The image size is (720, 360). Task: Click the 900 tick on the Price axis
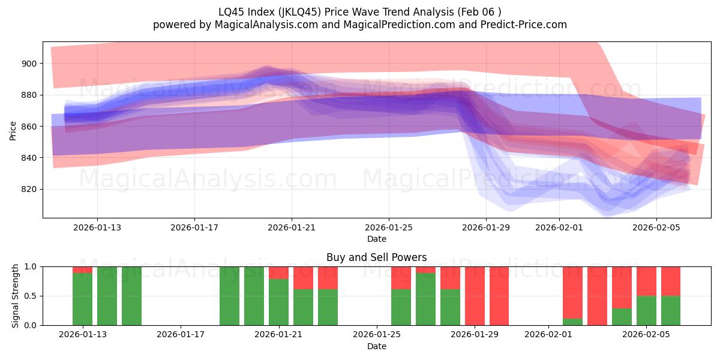[x=30, y=64]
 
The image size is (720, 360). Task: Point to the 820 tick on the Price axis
[x=30, y=190]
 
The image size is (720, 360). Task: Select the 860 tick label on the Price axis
[x=30, y=127]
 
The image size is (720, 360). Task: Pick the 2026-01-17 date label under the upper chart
[x=194, y=228]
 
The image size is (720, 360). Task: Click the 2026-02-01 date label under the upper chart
[x=559, y=228]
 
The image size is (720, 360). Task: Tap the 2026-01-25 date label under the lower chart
[x=377, y=335]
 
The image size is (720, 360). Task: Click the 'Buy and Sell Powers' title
[x=377, y=257]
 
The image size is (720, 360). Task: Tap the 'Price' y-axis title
[x=13, y=130]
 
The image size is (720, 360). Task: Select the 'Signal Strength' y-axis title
[x=16, y=296]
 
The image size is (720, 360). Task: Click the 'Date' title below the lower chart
[x=377, y=346]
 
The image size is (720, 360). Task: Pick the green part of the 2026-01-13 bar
[x=82, y=299]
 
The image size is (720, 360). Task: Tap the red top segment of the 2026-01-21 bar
[x=278, y=272]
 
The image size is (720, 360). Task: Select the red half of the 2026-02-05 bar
[x=646, y=281]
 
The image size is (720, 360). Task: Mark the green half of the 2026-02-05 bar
[x=646, y=310]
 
